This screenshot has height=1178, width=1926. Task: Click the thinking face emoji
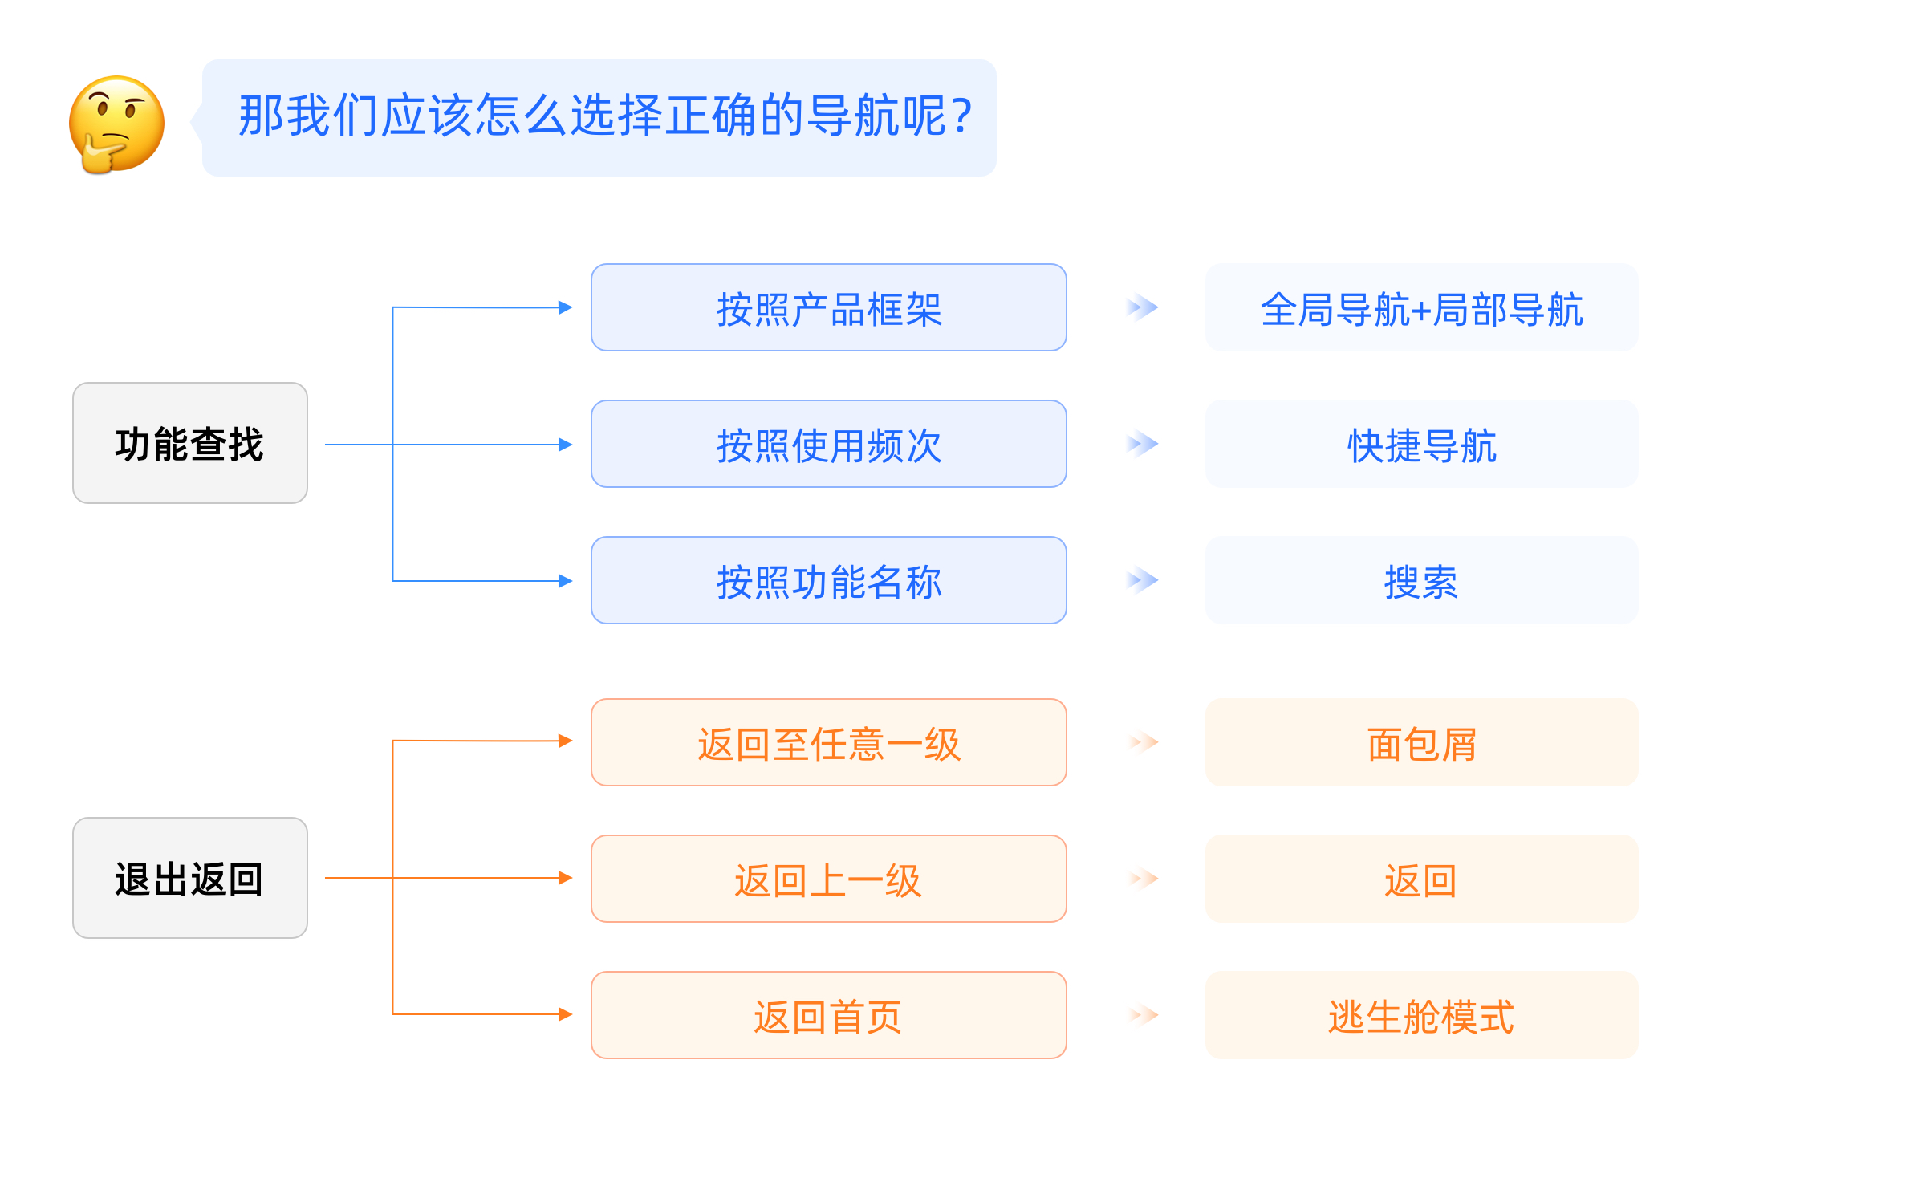click(116, 124)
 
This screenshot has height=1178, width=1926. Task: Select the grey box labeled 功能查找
click(190, 443)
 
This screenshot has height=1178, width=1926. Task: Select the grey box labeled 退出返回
click(190, 878)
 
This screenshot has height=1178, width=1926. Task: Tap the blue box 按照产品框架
click(828, 307)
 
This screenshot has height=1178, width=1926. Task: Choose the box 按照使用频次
click(828, 444)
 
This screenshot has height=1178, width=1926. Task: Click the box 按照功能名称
click(828, 580)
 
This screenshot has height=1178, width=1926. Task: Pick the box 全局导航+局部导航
click(1421, 307)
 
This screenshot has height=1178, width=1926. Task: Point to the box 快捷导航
click(1421, 444)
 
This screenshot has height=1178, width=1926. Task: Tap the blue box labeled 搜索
click(1421, 580)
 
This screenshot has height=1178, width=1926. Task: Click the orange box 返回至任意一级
click(828, 742)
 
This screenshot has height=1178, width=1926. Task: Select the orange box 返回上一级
click(828, 879)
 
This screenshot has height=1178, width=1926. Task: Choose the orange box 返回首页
click(828, 1015)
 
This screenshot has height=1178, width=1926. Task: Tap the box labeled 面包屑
click(1421, 742)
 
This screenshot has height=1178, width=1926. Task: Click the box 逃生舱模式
click(1421, 1015)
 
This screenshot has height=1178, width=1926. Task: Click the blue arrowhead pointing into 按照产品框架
click(566, 307)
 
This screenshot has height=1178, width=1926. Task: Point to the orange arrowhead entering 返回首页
click(566, 1014)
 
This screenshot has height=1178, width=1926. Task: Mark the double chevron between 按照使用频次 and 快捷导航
click(1142, 444)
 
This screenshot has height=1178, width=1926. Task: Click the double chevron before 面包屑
click(1143, 742)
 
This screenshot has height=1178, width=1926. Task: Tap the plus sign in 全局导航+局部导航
click(1422, 311)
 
